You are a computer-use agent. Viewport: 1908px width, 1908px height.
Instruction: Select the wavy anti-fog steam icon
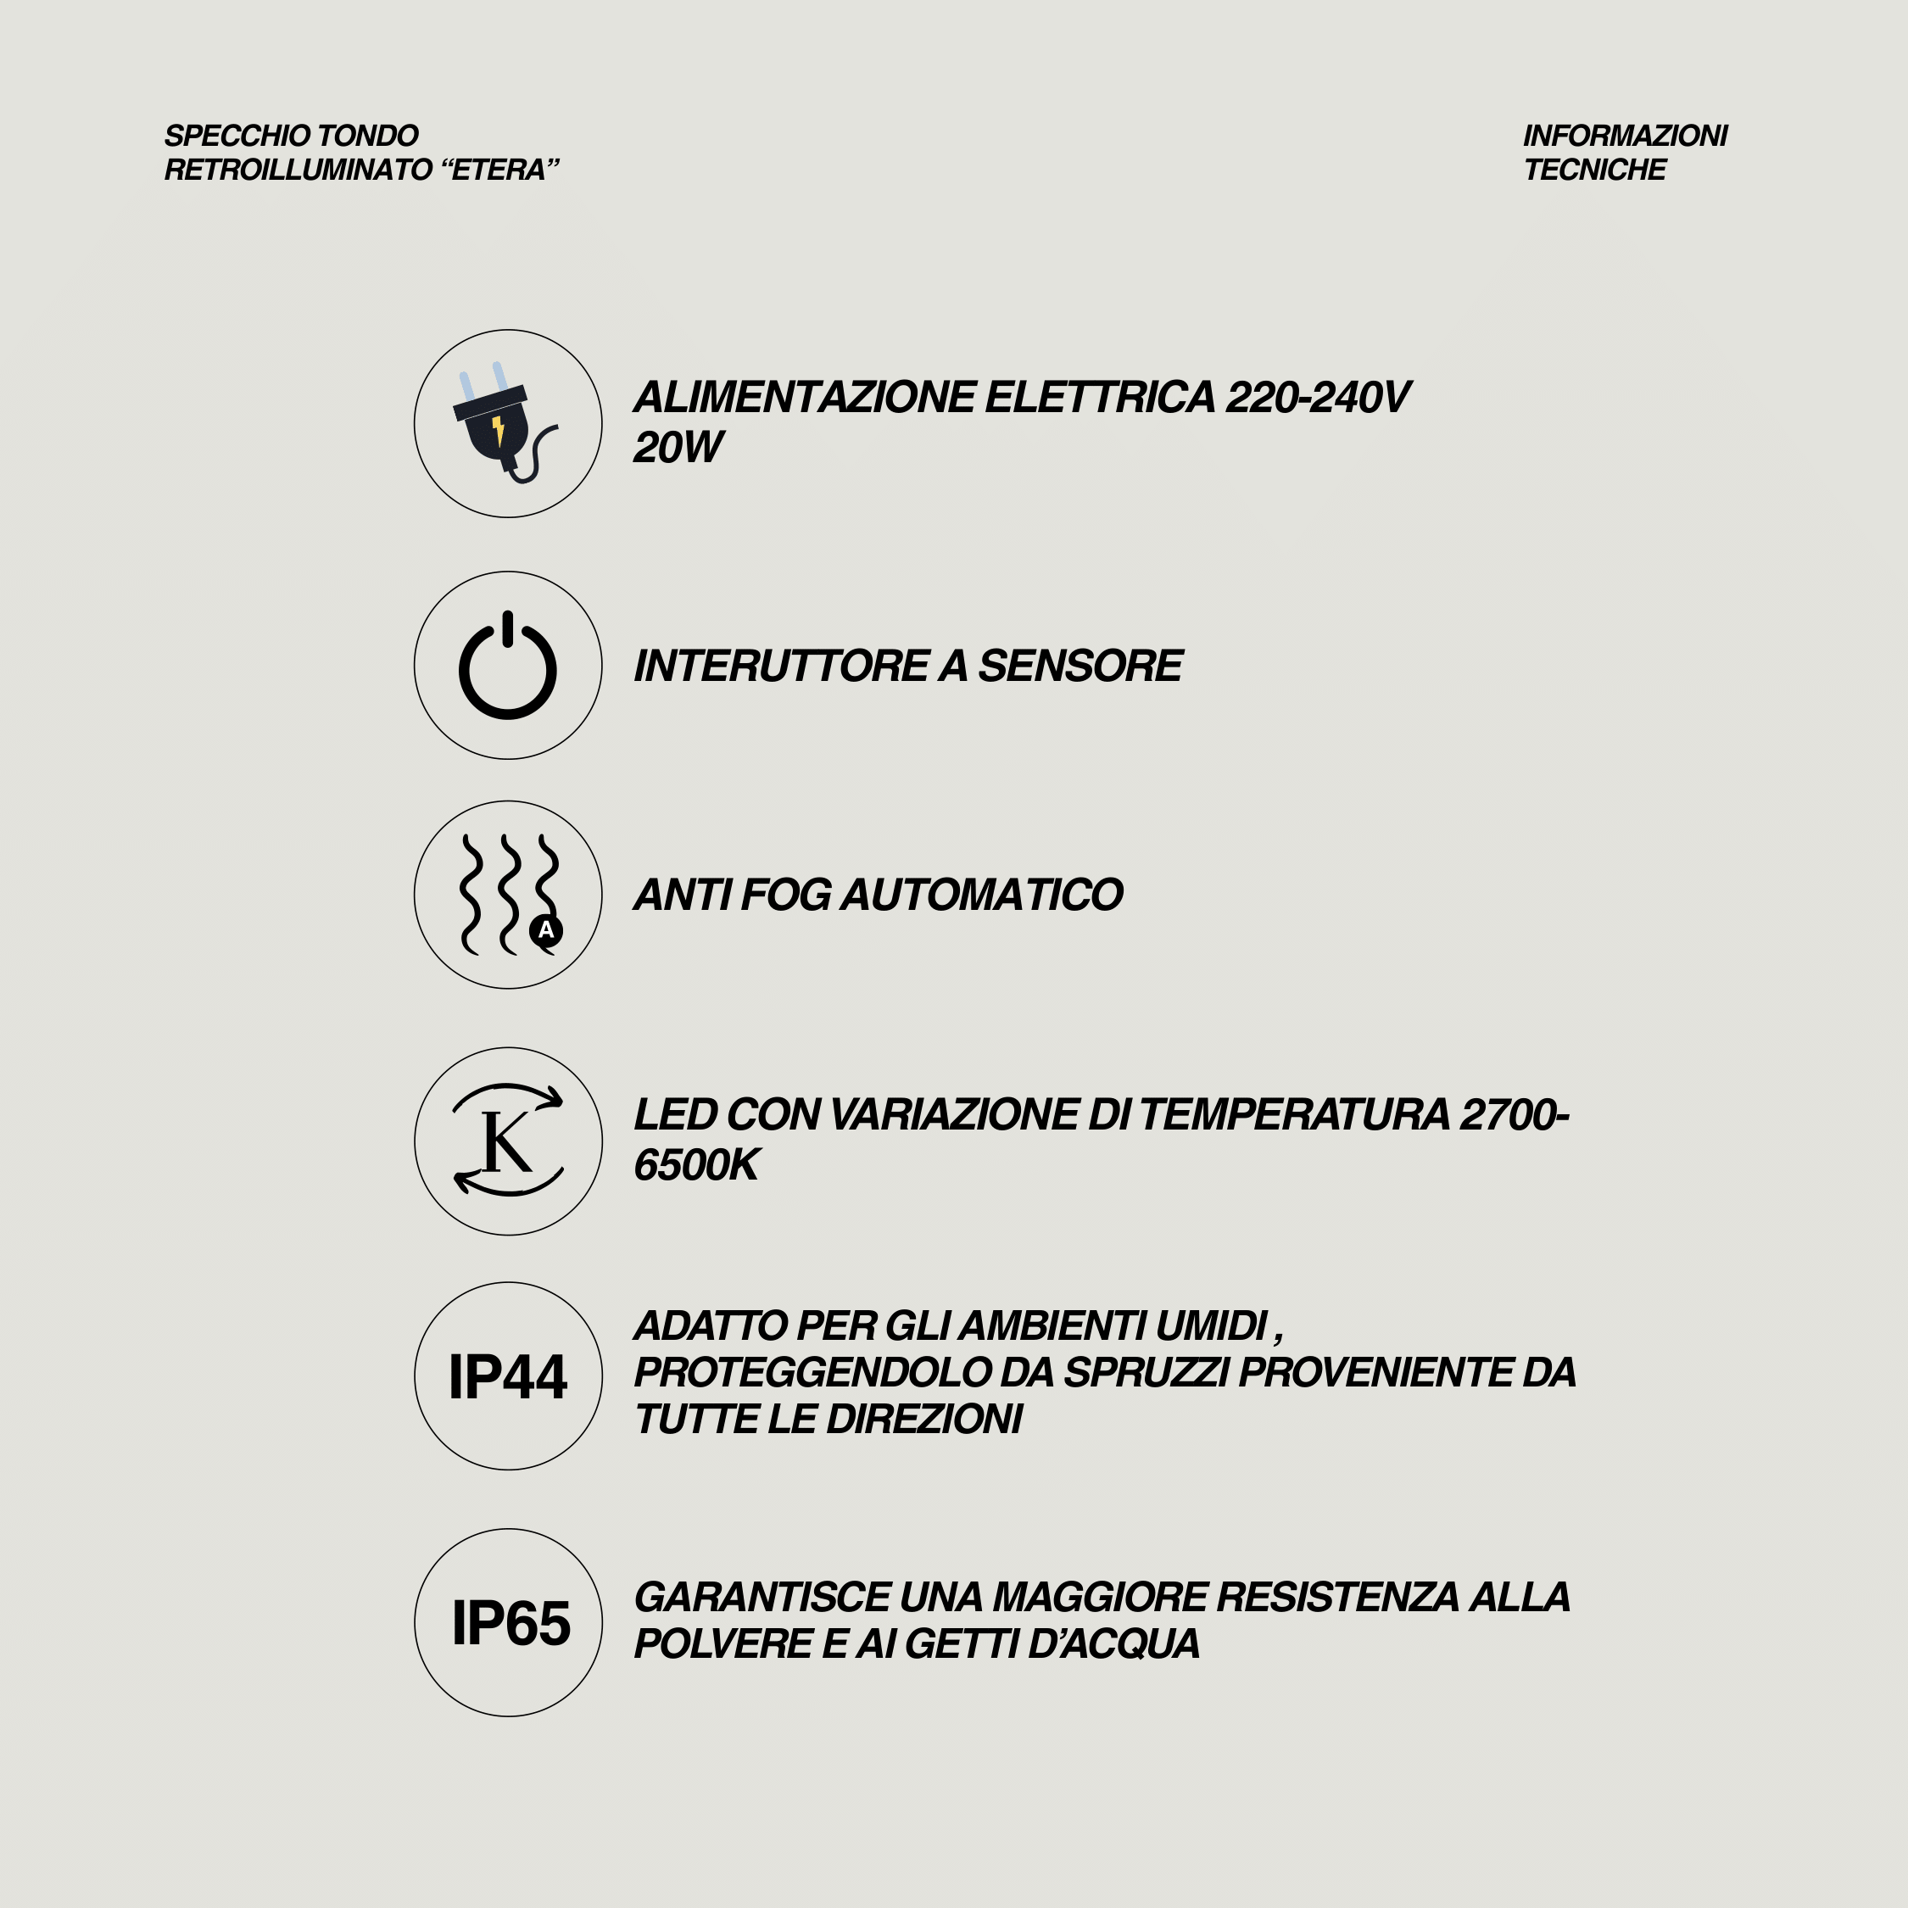[x=505, y=894]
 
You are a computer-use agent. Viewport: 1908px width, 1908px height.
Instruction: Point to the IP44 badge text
[x=508, y=1376]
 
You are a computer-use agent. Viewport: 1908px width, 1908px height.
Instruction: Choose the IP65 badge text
[x=510, y=1622]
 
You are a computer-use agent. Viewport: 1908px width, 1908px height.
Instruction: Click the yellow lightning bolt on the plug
[x=498, y=430]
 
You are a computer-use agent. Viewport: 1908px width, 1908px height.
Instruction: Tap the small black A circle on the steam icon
[x=546, y=930]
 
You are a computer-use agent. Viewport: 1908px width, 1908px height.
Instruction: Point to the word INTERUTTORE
[x=780, y=666]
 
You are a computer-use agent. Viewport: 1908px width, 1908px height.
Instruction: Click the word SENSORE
[x=1080, y=666]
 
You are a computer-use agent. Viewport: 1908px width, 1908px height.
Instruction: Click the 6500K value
[x=696, y=1165]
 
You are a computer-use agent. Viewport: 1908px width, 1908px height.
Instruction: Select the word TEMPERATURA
[x=1294, y=1115]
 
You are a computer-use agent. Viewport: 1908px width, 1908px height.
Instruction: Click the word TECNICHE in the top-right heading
[x=1594, y=170]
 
